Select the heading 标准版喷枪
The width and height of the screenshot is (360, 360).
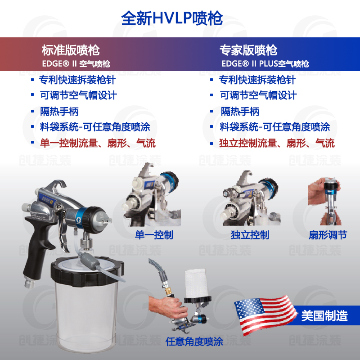(x=71, y=49)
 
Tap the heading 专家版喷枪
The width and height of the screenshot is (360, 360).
(x=248, y=49)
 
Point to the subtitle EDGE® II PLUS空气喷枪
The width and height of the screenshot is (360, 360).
(x=265, y=64)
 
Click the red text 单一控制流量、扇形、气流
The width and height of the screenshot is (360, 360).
(x=98, y=144)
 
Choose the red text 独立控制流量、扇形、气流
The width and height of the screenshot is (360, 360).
(x=277, y=144)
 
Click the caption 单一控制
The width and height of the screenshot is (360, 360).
(x=154, y=235)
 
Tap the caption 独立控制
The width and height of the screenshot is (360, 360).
(x=250, y=235)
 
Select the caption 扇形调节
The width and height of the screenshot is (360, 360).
(x=328, y=235)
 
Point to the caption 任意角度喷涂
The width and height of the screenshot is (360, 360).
(x=194, y=341)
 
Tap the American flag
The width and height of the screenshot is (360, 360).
(x=263, y=313)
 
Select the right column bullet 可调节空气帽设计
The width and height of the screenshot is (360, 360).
(x=258, y=95)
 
